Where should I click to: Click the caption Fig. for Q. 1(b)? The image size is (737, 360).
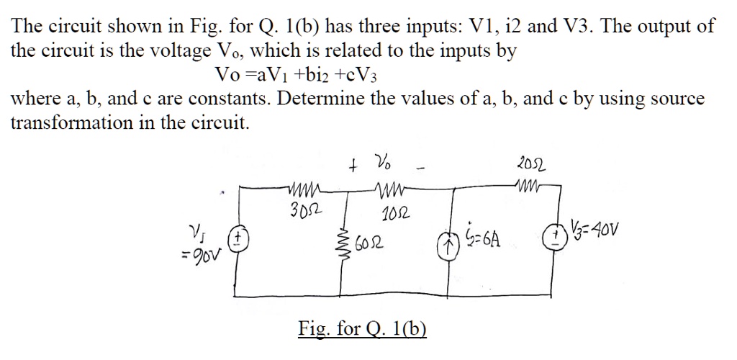coord(362,329)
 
